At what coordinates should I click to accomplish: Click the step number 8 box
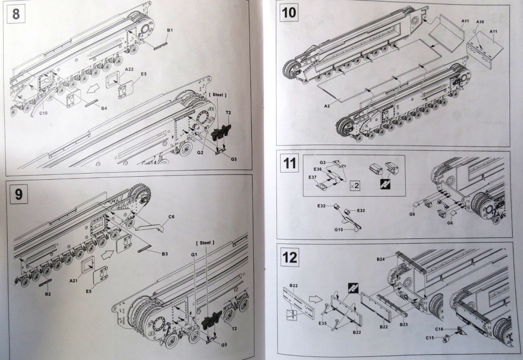(16, 13)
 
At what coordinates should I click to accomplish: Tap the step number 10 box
(289, 13)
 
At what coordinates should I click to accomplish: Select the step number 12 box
(289, 257)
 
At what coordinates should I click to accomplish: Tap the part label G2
(201, 152)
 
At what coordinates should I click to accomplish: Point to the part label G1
(194, 254)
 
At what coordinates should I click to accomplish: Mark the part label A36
(480, 22)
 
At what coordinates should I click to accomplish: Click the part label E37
(312, 177)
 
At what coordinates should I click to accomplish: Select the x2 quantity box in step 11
(355, 185)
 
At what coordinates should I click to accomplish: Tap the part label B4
(104, 108)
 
